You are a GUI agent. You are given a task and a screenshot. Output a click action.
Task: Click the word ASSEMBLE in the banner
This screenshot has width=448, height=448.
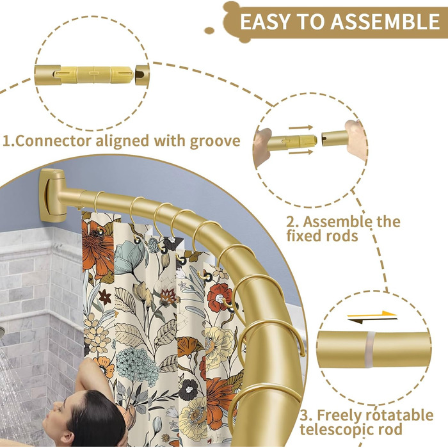[x=385, y=22]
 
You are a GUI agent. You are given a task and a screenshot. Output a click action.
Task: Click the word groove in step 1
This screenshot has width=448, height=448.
[x=215, y=141]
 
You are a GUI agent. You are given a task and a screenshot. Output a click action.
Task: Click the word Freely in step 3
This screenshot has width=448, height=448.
[x=339, y=415]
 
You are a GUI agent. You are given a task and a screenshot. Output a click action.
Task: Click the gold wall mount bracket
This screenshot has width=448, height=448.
[x=51, y=195]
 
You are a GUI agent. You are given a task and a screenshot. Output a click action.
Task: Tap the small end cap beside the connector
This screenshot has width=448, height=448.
[x=142, y=76]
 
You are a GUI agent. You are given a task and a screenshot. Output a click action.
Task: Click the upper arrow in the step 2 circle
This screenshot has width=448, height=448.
[x=301, y=127]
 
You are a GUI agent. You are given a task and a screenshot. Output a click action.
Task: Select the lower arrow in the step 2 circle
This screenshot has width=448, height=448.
[x=301, y=152]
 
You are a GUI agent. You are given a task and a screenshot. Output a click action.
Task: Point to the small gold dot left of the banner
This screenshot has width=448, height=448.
[x=209, y=31]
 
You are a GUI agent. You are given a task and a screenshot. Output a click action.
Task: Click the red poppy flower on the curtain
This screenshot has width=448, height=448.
[x=220, y=297]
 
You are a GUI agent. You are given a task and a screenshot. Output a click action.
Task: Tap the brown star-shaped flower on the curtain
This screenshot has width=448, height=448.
[x=105, y=297]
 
